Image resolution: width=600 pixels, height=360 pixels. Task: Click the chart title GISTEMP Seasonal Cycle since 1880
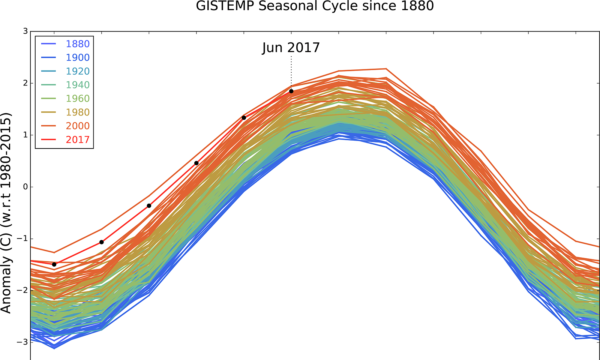[x=315, y=6]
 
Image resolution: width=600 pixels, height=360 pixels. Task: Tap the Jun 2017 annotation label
[x=291, y=48]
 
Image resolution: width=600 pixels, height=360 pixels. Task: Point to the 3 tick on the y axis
[x=25, y=31]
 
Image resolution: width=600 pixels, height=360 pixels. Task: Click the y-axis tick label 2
[x=25, y=83]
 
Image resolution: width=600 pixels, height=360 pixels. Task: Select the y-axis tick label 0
[x=25, y=187]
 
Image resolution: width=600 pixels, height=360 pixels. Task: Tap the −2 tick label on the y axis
[x=23, y=290]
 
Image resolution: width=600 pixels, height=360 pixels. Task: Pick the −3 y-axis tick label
[x=23, y=342]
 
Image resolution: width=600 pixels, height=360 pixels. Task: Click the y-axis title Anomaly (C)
[x=6, y=213]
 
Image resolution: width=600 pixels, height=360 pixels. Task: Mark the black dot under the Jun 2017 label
[x=291, y=91]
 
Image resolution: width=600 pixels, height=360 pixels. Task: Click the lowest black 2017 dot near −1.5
[x=54, y=264]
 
